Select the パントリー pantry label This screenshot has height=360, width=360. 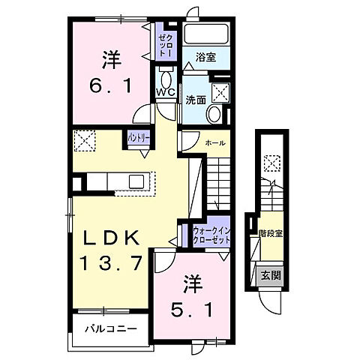pyautogui.click(x=137, y=138)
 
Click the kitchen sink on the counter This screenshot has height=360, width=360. pyautogui.click(x=137, y=181)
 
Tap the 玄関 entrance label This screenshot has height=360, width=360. pyautogui.click(x=271, y=276)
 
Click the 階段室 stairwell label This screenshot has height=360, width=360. pyautogui.click(x=271, y=233)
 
